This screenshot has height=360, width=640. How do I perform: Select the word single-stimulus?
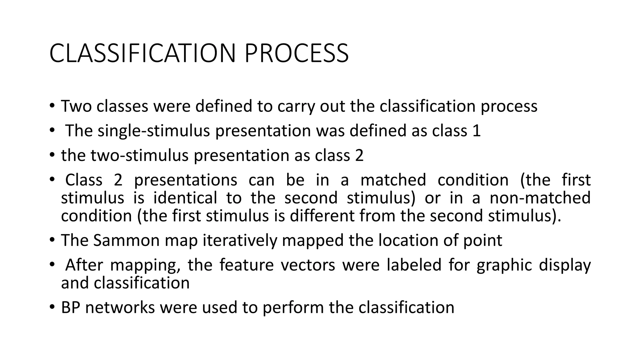153,131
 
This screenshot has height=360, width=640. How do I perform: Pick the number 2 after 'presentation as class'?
359,155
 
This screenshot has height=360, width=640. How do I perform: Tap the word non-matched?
540,198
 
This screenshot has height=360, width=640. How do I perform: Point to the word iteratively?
240,240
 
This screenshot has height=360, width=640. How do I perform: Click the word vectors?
307,265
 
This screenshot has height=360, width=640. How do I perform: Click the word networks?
120,307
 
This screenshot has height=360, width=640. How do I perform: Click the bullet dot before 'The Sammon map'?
52,240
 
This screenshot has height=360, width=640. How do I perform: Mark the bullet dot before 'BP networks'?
52,307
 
